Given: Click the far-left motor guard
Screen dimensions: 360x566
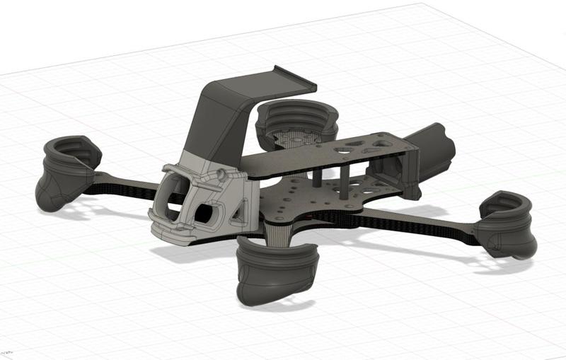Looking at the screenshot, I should pos(65,172).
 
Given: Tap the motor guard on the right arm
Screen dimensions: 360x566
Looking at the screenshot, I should pos(507,224).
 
